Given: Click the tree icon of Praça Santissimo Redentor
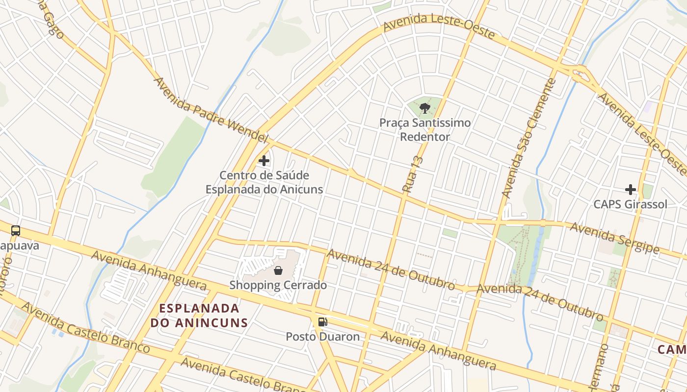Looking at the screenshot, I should tap(425, 108).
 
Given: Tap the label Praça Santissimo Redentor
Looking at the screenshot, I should tap(425, 130).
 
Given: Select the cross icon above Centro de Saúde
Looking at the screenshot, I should tap(264, 160).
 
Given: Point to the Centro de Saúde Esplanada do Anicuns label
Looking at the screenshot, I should tap(264, 182).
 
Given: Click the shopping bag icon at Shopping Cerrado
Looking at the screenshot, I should tap(278, 270).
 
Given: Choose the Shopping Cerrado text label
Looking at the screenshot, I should tap(278, 285).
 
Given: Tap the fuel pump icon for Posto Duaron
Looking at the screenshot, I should tap(322, 322).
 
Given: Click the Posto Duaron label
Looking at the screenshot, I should tap(323, 337).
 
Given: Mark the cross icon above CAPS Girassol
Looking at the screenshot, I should tap(631, 189).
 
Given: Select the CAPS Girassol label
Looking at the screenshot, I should tap(631, 204).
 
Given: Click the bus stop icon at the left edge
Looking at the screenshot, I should tap(16, 230).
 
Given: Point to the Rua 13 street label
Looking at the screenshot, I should tap(412, 174).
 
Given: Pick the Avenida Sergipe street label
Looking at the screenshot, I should tap(615, 238).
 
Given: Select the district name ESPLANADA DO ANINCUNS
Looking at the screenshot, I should tap(199, 316).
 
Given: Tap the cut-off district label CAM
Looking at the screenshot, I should tap(672, 349).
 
